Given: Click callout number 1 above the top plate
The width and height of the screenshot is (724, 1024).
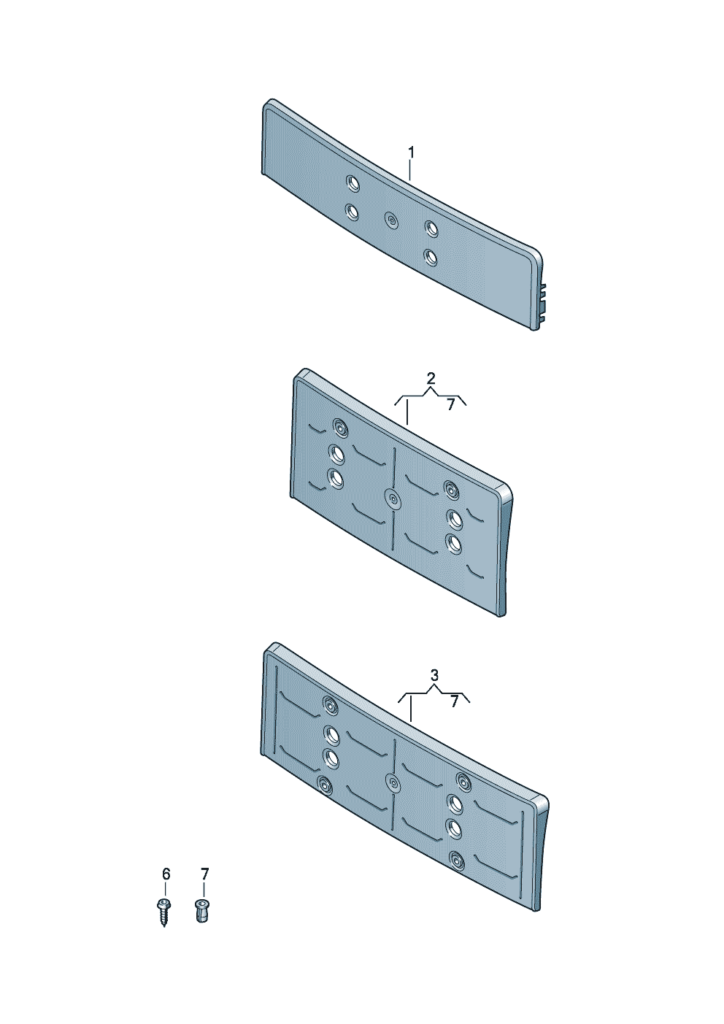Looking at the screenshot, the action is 411,153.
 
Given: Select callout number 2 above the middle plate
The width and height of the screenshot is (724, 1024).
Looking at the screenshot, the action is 431,379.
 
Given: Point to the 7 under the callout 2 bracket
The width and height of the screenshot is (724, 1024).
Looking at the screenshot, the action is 450,404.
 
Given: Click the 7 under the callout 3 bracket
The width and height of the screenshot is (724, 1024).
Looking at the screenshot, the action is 454,701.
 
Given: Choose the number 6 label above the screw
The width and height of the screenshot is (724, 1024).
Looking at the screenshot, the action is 166,874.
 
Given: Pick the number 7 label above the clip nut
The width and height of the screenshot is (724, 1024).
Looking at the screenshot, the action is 204,874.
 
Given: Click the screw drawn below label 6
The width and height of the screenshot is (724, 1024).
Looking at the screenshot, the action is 163,914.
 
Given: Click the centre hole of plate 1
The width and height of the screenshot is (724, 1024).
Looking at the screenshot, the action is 391,221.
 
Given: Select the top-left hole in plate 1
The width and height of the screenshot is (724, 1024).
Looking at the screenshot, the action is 353,184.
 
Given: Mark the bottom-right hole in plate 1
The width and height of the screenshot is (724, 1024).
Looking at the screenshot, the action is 430,258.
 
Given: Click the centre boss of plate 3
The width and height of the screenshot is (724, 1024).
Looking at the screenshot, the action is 393,782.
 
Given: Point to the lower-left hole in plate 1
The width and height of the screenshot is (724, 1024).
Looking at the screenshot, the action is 352,212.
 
